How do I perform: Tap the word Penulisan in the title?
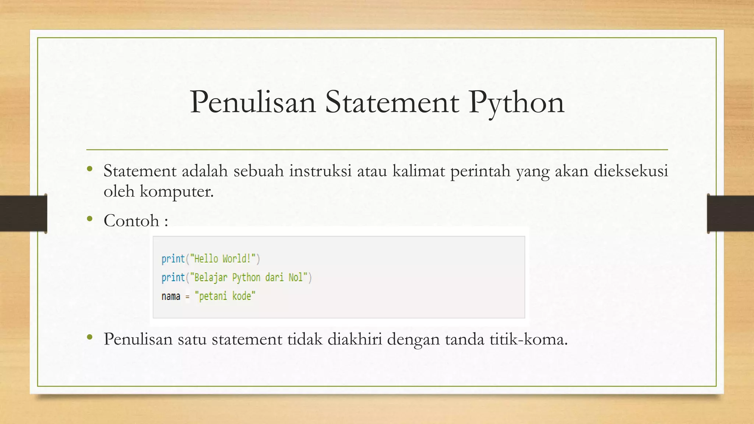point(253,102)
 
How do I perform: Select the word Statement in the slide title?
point(392,102)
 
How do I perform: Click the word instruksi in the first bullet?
point(320,171)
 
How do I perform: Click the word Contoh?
point(131,221)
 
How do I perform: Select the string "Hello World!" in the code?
point(223,259)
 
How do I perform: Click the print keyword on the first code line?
point(173,259)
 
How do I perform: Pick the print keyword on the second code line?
point(173,277)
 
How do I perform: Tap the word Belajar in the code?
point(211,277)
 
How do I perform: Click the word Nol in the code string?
point(296,277)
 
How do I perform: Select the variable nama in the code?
point(171,296)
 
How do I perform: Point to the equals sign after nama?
point(187,297)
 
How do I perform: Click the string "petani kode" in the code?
point(225,296)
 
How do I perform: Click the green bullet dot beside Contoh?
point(90,219)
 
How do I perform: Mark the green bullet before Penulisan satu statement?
point(90,338)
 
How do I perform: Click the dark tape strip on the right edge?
point(730,213)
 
